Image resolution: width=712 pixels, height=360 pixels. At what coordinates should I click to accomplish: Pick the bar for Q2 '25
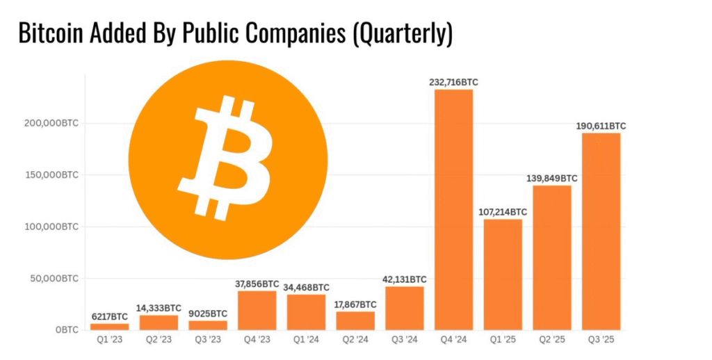pyautogui.click(x=551, y=258)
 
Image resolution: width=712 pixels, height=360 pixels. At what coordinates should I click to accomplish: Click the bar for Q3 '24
pyautogui.click(x=405, y=308)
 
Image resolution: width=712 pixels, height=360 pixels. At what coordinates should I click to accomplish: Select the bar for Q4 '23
pyautogui.click(x=257, y=310)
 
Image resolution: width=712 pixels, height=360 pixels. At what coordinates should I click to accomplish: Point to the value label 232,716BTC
pyautogui.click(x=453, y=83)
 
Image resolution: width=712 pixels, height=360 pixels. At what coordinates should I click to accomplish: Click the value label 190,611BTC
pyautogui.click(x=601, y=126)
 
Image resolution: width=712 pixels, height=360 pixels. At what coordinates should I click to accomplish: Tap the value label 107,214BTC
pyautogui.click(x=503, y=212)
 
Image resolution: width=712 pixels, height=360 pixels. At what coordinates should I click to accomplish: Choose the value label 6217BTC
pyautogui.click(x=110, y=317)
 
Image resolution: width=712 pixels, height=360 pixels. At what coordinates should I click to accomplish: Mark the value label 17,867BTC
pyautogui.click(x=355, y=304)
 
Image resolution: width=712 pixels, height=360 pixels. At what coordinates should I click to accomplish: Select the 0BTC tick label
pyautogui.click(x=67, y=330)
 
